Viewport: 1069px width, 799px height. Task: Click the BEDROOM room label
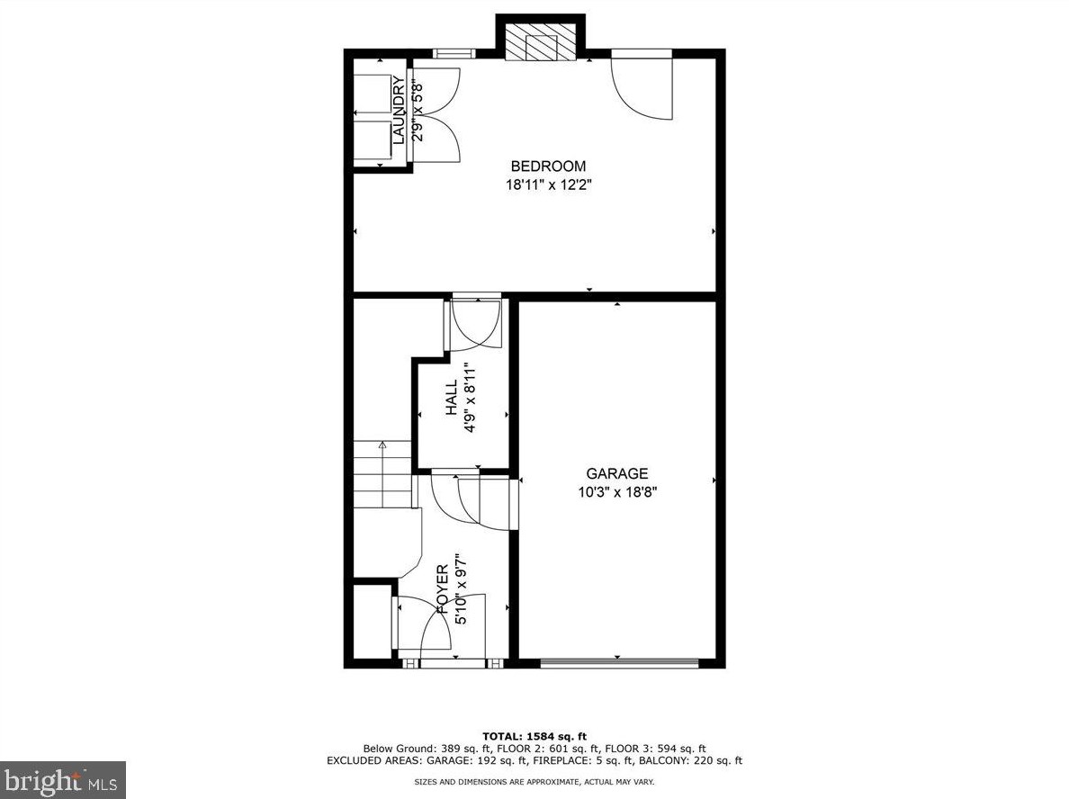pos(548,166)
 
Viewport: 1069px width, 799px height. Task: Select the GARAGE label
pos(616,474)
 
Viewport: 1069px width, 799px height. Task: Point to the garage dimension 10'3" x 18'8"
pos(616,492)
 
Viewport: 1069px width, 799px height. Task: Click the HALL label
pos(452,398)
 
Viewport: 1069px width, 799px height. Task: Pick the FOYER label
pos(442,589)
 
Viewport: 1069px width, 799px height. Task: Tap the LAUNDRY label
pos(399,110)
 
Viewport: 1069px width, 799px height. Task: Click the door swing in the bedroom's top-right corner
pos(642,87)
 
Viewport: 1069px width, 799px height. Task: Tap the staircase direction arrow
pos(382,444)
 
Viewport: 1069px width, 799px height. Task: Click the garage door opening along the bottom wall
pos(619,664)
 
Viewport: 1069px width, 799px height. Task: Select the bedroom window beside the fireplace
pos(454,53)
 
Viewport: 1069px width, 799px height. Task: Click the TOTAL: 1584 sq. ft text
pos(534,736)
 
